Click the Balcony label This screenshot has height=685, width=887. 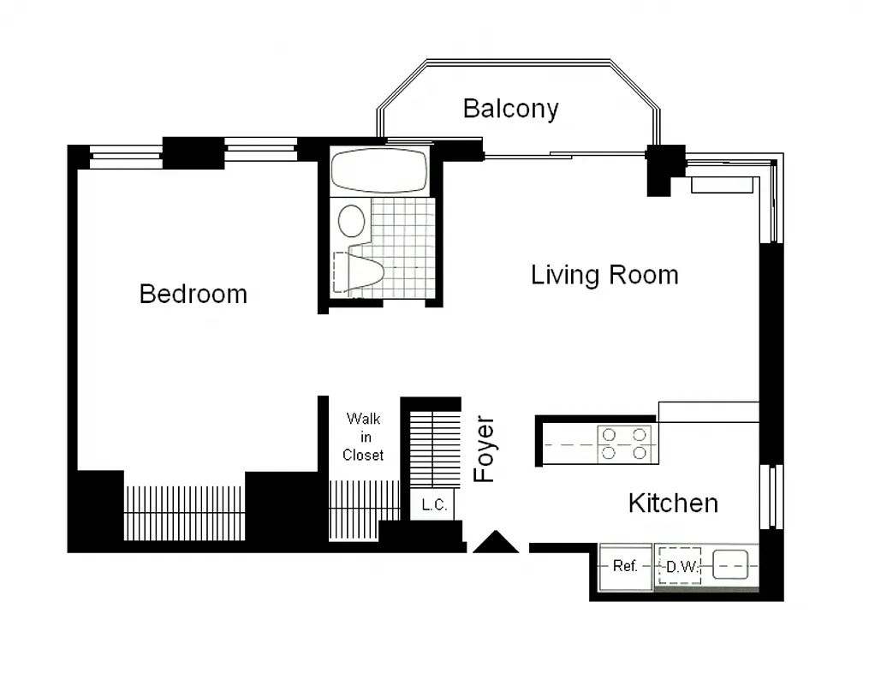click(x=510, y=109)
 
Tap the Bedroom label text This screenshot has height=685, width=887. click(x=193, y=294)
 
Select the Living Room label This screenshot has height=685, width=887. click(x=604, y=275)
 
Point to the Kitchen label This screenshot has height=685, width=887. click(x=673, y=503)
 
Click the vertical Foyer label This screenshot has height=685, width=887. click(x=485, y=450)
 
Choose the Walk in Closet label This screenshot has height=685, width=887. click(x=363, y=437)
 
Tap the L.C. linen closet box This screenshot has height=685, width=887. click(x=434, y=505)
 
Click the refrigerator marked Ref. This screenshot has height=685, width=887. click(x=625, y=566)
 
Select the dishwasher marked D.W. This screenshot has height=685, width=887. click(x=680, y=566)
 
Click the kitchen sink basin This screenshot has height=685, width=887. click(x=731, y=565)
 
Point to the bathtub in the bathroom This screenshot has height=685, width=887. click(x=379, y=170)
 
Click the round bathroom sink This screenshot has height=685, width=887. click(x=351, y=220)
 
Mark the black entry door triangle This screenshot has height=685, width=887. click(x=496, y=543)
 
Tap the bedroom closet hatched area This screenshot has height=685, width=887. click(x=184, y=512)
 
